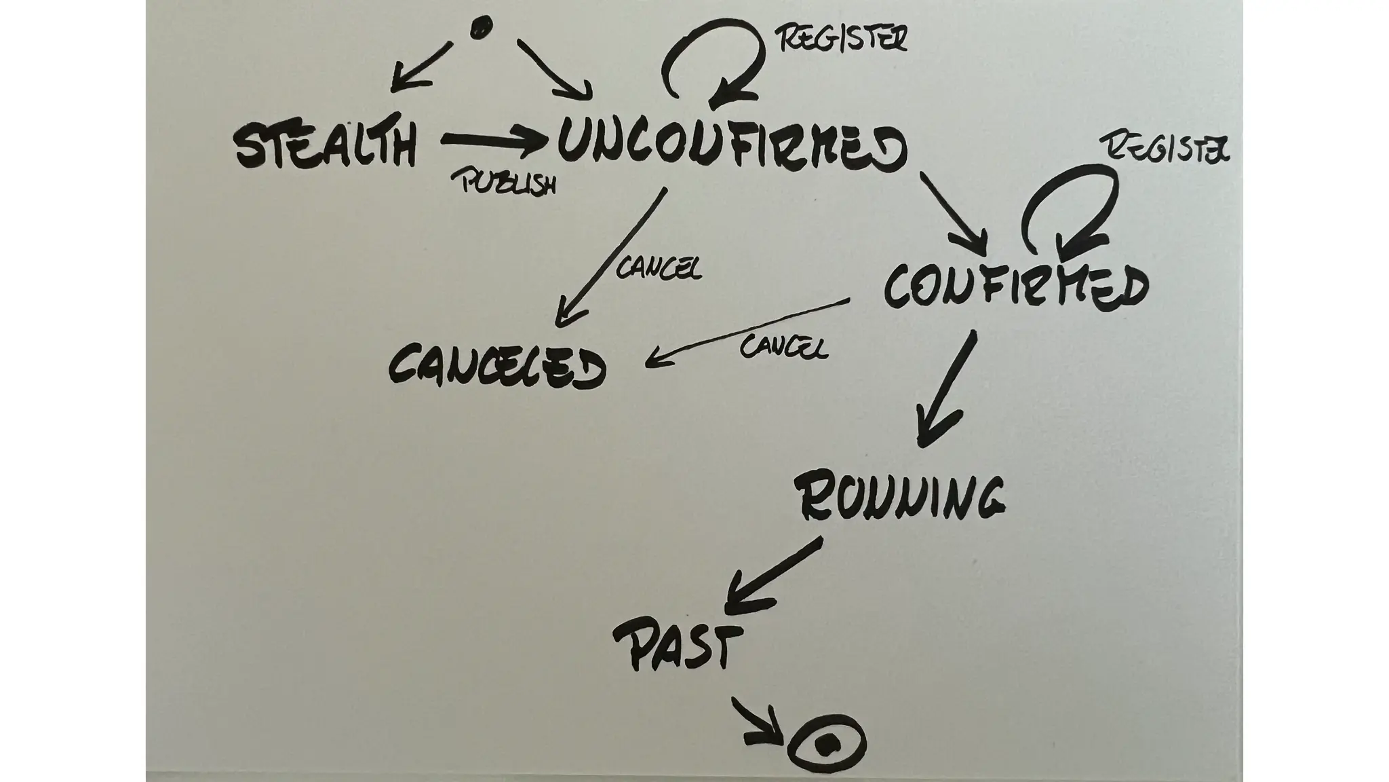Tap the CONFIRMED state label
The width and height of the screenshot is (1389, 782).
pos(1015,287)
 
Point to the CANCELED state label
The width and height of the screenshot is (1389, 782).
pos(497,367)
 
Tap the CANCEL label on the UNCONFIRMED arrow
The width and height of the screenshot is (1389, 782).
pos(659,268)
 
